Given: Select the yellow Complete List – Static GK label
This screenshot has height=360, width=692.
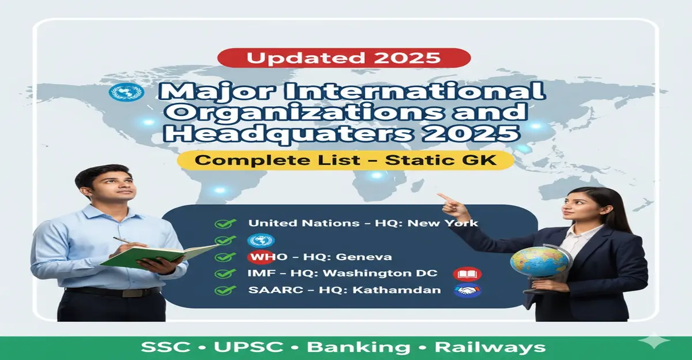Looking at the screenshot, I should pos(345,160).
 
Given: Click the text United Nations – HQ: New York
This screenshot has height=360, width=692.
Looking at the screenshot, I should pos(363,223).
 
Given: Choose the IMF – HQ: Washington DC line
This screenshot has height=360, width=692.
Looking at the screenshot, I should pos(343,273).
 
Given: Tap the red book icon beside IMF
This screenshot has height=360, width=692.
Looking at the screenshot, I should pos(468,274).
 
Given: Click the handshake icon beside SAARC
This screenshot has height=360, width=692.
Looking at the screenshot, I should pos(468,291).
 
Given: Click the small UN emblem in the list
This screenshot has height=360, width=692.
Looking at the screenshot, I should pos(261,240).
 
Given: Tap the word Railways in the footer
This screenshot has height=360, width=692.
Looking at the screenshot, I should pos(490,347).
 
